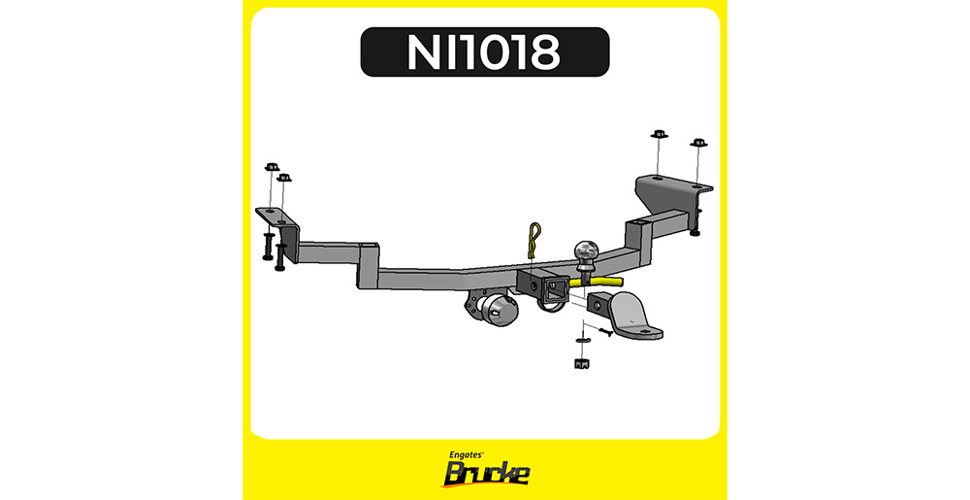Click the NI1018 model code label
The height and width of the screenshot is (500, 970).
pos(484,52)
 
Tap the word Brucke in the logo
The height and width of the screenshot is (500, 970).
pos(486,475)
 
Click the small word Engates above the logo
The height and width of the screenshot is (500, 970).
pos(467,454)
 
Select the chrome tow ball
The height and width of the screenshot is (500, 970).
pos(585,254)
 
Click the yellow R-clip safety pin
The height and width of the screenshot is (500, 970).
pos(533,242)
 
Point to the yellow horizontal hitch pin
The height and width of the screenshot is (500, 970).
pos(596,283)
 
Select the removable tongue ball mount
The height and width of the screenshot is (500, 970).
pos(625,316)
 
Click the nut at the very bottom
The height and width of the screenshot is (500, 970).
pos(580,363)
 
